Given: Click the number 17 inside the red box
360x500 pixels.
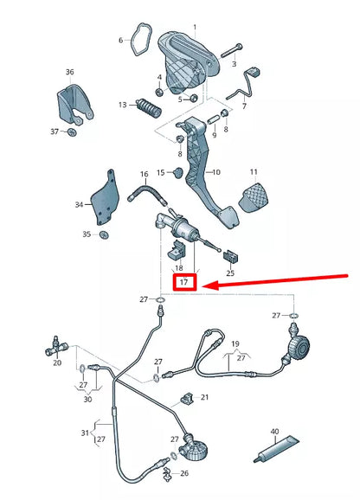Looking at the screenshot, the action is (x=183, y=282).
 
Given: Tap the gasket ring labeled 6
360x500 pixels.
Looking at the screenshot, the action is (x=138, y=40).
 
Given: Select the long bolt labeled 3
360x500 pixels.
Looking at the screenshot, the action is (x=231, y=51).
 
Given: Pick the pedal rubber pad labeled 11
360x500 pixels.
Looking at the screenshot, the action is (x=254, y=197).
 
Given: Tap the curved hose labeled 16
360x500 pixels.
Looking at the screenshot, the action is (x=147, y=193).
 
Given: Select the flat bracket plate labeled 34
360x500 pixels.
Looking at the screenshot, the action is (x=105, y=198).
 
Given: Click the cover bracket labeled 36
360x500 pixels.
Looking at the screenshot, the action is (x=74, y=105).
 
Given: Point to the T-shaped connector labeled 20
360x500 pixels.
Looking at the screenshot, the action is (x=57, y=348).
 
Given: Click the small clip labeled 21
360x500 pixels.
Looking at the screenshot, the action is (x=187, y=399).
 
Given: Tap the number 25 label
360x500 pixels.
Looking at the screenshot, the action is (x=230, y=273).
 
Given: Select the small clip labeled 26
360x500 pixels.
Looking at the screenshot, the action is (x=167, y=473).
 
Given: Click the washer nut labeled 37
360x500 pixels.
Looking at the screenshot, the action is (x=72, y=131).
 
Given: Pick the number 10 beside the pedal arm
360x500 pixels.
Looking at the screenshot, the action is (x=216, y=172).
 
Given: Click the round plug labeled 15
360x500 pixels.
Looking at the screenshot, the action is (x=178, y=172).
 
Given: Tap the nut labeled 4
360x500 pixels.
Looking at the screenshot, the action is (x=159, y=93).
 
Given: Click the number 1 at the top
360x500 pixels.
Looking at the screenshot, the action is (x=195, y=28).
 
